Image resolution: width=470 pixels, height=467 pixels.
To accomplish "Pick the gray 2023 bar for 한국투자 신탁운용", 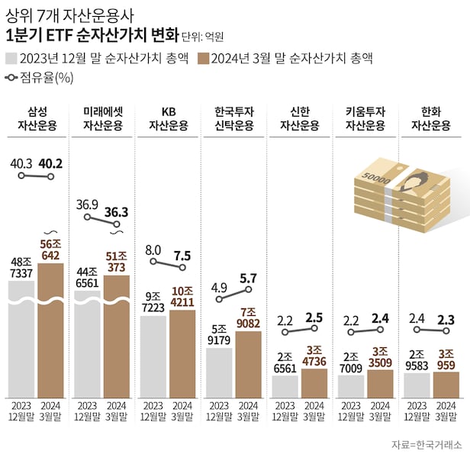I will pos(219,374).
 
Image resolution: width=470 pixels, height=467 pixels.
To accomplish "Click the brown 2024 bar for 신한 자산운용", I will pos(314,383).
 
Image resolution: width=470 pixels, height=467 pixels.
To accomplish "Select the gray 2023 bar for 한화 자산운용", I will pos(417,385).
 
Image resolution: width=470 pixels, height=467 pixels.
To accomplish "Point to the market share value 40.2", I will pos(50,163).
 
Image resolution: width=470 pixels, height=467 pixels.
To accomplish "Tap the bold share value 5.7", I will pos(248,279).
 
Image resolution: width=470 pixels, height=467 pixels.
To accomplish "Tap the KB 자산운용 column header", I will pos(169,119).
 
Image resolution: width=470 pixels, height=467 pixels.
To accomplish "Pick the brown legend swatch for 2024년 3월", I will pos(203,57).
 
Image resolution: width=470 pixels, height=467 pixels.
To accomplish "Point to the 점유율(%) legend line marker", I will pos(12,77).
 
